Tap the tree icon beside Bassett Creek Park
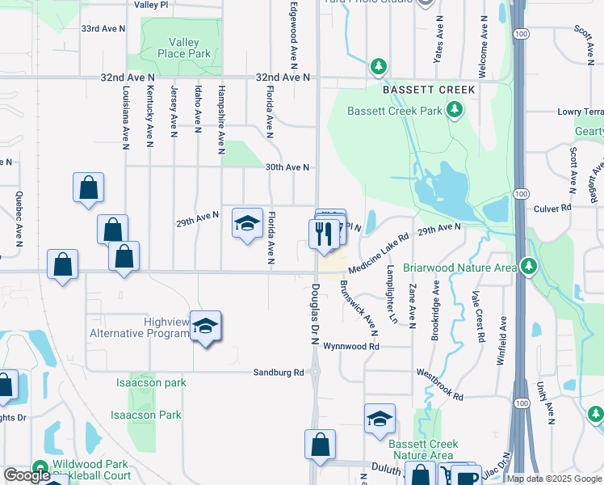pyautogui.click(x=455, y=109)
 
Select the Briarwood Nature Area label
pyautogui.click(x=460, y=267)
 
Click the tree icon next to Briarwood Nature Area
pyautogui.click(x=529, y=265)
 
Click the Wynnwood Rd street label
pyautogui.click(x=351, y=346)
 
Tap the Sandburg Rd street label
pyautogui.click(x=279, y=373)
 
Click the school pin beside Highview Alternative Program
pyautogui.click(x=206, y=326)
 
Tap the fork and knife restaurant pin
pyautogui.click(x=322, y=234)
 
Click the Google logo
pyautogui.click(x=27, y=475)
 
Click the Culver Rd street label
pyautogui.click(x=553, y=208)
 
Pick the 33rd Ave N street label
pyautogui.click(x=103, y=28)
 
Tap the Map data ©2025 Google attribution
pyautogui.click(x=554, y=479)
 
